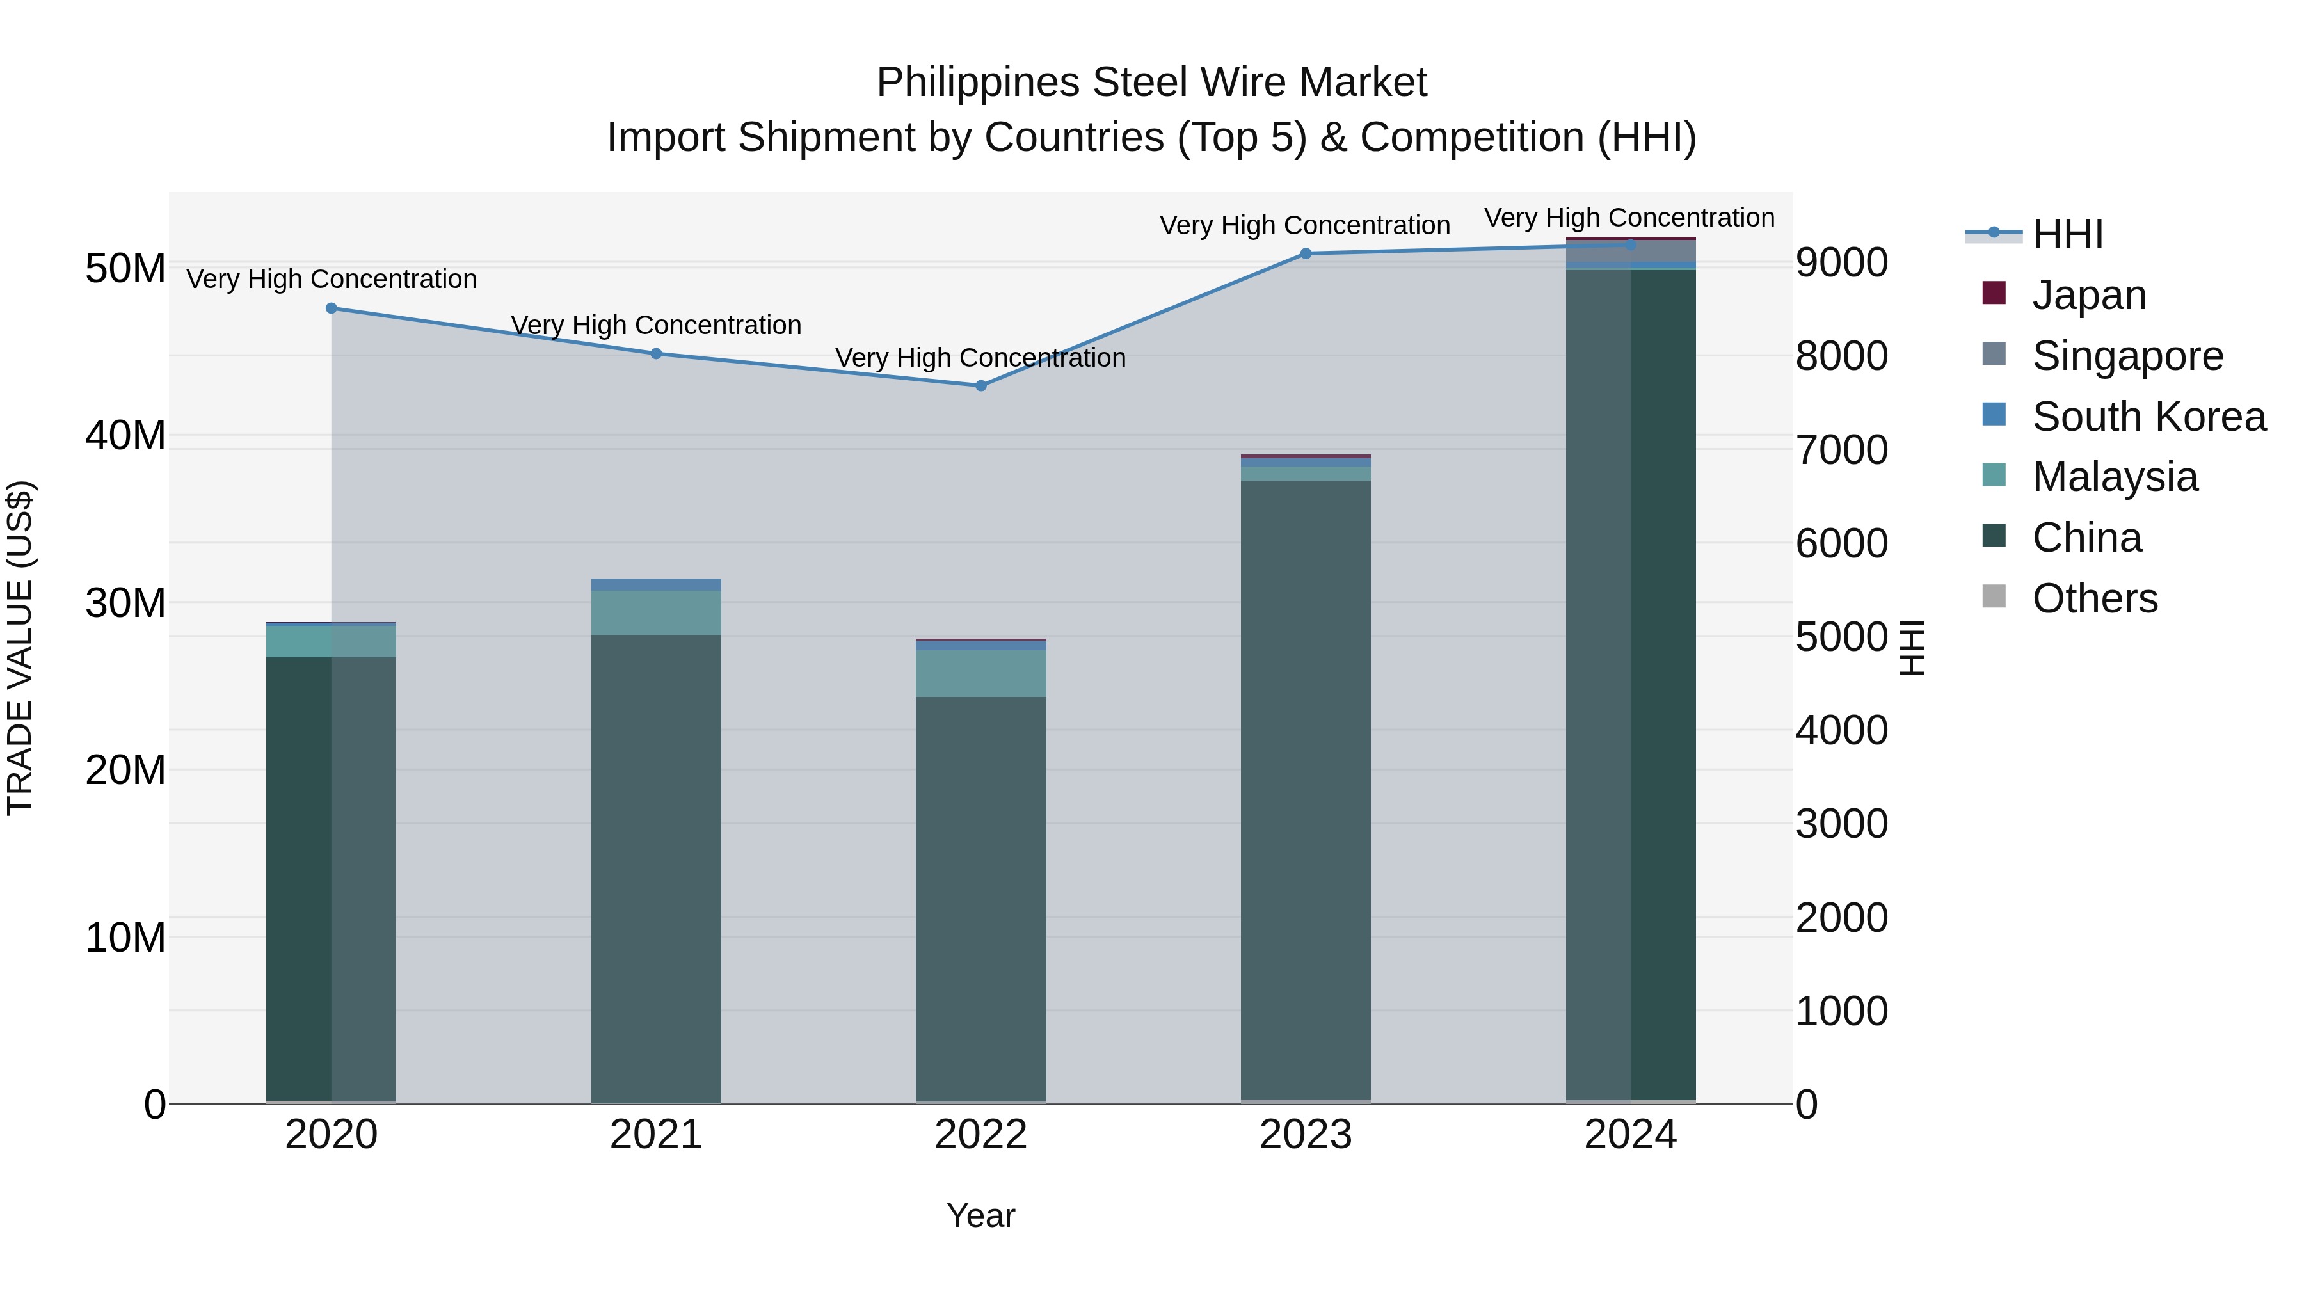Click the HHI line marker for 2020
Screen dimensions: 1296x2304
click(x=331, y=308)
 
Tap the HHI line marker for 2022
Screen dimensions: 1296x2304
click(x=980, y=385)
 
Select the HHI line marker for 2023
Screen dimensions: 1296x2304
click(x=1305, y=254)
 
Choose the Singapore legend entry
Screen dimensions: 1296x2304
click(x=2127, y=356)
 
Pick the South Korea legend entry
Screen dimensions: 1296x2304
click(x=2148, y=417)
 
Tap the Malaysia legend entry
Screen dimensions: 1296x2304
click(x=2115, y=477)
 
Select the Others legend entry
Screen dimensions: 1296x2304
click(x=2094, y=598)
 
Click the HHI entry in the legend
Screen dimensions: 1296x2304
click(x=2067, y=234)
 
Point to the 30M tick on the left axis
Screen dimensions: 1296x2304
click(x=125, y=604)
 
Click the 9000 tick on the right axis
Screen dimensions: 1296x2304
click(x=1841, y=263)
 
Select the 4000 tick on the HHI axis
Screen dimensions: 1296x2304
click(x=1841, y=731)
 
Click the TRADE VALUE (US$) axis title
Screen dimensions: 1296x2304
click(x=20, y=648)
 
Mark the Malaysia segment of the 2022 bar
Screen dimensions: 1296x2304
click(x=980, y=673)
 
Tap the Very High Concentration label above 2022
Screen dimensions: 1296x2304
click(x=980, y=358)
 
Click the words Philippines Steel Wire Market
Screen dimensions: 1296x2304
click(x=1151, y=83)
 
